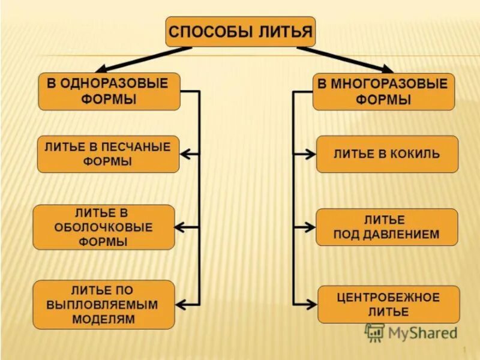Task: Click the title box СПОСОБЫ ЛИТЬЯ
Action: [240, 32]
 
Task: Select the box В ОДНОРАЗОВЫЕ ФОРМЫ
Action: [109, 91]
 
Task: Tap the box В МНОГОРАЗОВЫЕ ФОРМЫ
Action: [383, 91]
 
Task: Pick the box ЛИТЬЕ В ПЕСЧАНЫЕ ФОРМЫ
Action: [108, 154]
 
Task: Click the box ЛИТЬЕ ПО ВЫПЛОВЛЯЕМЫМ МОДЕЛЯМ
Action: [104, 304]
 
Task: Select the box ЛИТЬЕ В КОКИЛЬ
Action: [387, 154]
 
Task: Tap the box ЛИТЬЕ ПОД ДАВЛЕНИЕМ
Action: [386, 227]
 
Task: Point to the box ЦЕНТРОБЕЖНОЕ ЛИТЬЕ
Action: [388, 304]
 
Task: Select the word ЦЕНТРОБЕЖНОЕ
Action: [388, 297]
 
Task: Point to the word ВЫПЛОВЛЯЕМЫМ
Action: [103, 305]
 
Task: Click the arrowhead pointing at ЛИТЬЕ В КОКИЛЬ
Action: [310, 154]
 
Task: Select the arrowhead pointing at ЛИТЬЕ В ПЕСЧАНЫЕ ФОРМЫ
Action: [185, 154]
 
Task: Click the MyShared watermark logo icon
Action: [375, 332]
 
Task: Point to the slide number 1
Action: [465, 350]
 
